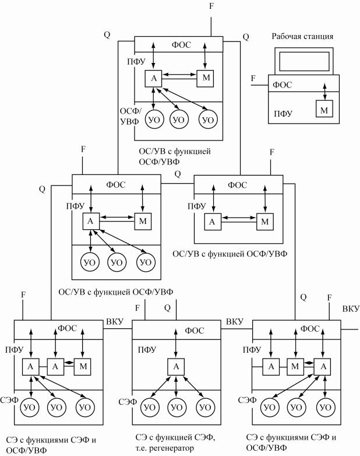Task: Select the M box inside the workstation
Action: click(323, 108)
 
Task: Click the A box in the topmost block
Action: click(154, 78)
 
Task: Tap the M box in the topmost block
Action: click(206, 78)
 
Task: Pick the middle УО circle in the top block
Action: click(179, 119)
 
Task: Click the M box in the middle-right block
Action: click(265, 222)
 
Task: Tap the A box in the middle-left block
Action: click(91, 222)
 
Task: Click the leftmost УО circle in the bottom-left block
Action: click(30, 406)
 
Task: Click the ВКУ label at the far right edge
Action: click(351, 308)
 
